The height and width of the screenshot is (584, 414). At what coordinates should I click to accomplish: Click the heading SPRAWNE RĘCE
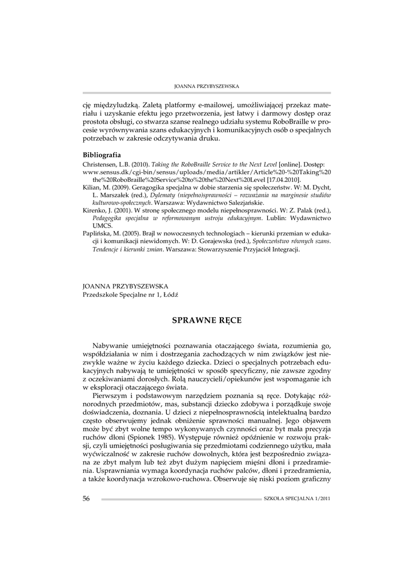(x=207, y=321)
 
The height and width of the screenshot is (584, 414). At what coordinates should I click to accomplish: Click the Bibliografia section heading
(x=102, y=155)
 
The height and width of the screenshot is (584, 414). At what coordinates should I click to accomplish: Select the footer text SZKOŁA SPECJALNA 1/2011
(x=297, y=498)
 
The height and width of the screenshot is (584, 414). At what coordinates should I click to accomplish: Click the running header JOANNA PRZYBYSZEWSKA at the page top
(x=206, y=86)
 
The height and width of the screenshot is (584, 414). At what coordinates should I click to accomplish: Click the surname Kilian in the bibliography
(x=91, y=187)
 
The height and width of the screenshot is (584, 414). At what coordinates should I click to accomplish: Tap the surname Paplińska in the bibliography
(x=98, y=234)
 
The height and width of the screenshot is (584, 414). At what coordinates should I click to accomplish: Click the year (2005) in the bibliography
(x=131, y=234)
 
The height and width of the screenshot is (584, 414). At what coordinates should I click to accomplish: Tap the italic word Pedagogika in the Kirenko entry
(x=110, y=218)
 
